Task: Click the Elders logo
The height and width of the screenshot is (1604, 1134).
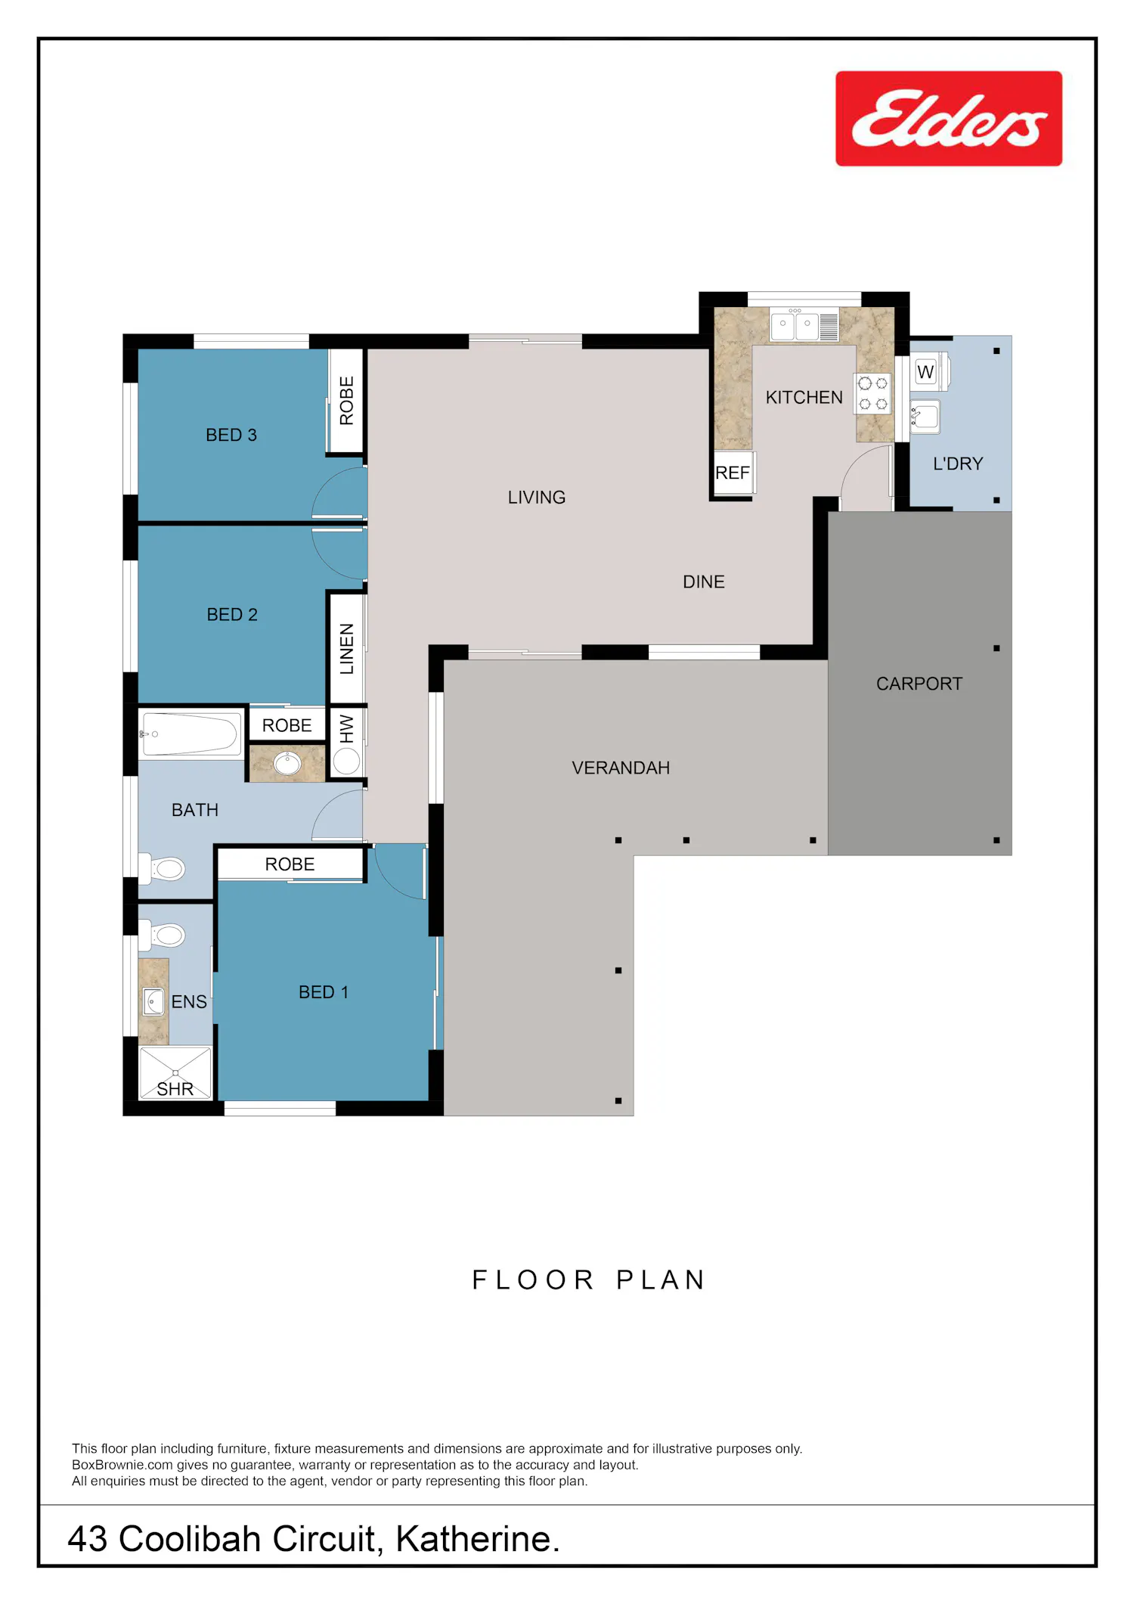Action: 949,119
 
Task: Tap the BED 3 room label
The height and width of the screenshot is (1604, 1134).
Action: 231,435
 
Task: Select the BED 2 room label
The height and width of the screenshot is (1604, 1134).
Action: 232,614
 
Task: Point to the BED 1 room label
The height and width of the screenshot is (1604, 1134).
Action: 324,992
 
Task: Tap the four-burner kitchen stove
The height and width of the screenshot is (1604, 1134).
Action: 872,394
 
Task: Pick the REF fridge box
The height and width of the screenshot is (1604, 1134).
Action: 733,473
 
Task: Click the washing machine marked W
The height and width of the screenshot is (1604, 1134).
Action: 929,371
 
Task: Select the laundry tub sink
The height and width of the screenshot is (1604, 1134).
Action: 925,417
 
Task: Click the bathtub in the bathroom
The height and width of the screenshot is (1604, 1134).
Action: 191,734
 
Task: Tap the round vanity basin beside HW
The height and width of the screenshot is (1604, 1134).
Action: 287,763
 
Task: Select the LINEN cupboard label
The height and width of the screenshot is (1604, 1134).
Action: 347,649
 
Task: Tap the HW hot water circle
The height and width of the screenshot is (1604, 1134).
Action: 346,761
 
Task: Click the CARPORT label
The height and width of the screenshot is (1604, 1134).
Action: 919,684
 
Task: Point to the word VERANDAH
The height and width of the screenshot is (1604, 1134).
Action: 621,768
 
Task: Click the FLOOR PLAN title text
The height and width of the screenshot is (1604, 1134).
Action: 589,1280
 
